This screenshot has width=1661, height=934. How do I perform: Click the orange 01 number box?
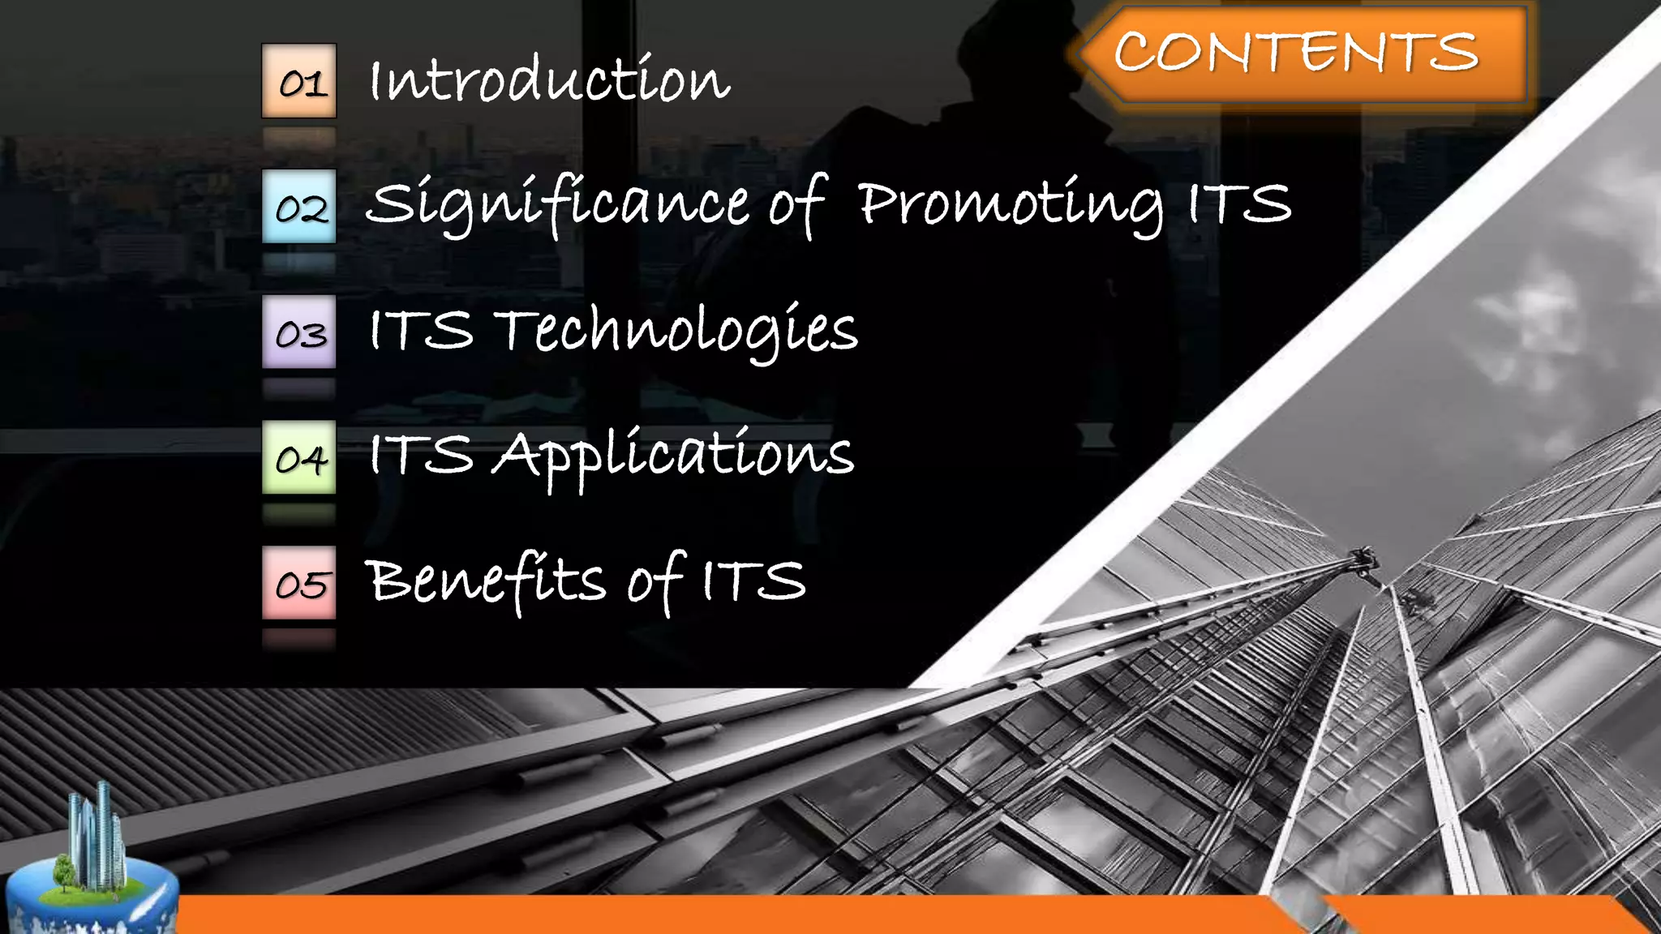coord(298,81)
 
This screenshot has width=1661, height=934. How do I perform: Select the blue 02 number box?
coord(298,207)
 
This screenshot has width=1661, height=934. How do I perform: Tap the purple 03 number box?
coord(298,332)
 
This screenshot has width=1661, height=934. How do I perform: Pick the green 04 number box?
coord(298,457)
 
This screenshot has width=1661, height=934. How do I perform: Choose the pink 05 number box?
coord(298,583)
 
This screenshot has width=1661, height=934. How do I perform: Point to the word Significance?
coord(557,204)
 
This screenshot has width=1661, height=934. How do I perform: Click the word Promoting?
coord(1010,204)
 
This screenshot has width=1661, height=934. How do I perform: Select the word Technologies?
coord(676,331)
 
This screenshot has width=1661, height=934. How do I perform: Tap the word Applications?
coord(673,456)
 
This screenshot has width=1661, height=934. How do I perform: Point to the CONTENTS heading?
coord(1296,53)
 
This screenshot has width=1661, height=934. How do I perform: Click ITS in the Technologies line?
coord(421,330)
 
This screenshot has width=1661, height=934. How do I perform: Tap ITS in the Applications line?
coord(421,455)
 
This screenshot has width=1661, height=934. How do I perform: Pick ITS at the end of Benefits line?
coord(753,581)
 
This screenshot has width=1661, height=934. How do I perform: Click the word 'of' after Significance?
coord(798,204)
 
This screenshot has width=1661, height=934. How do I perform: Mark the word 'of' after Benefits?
coord(655,581)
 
